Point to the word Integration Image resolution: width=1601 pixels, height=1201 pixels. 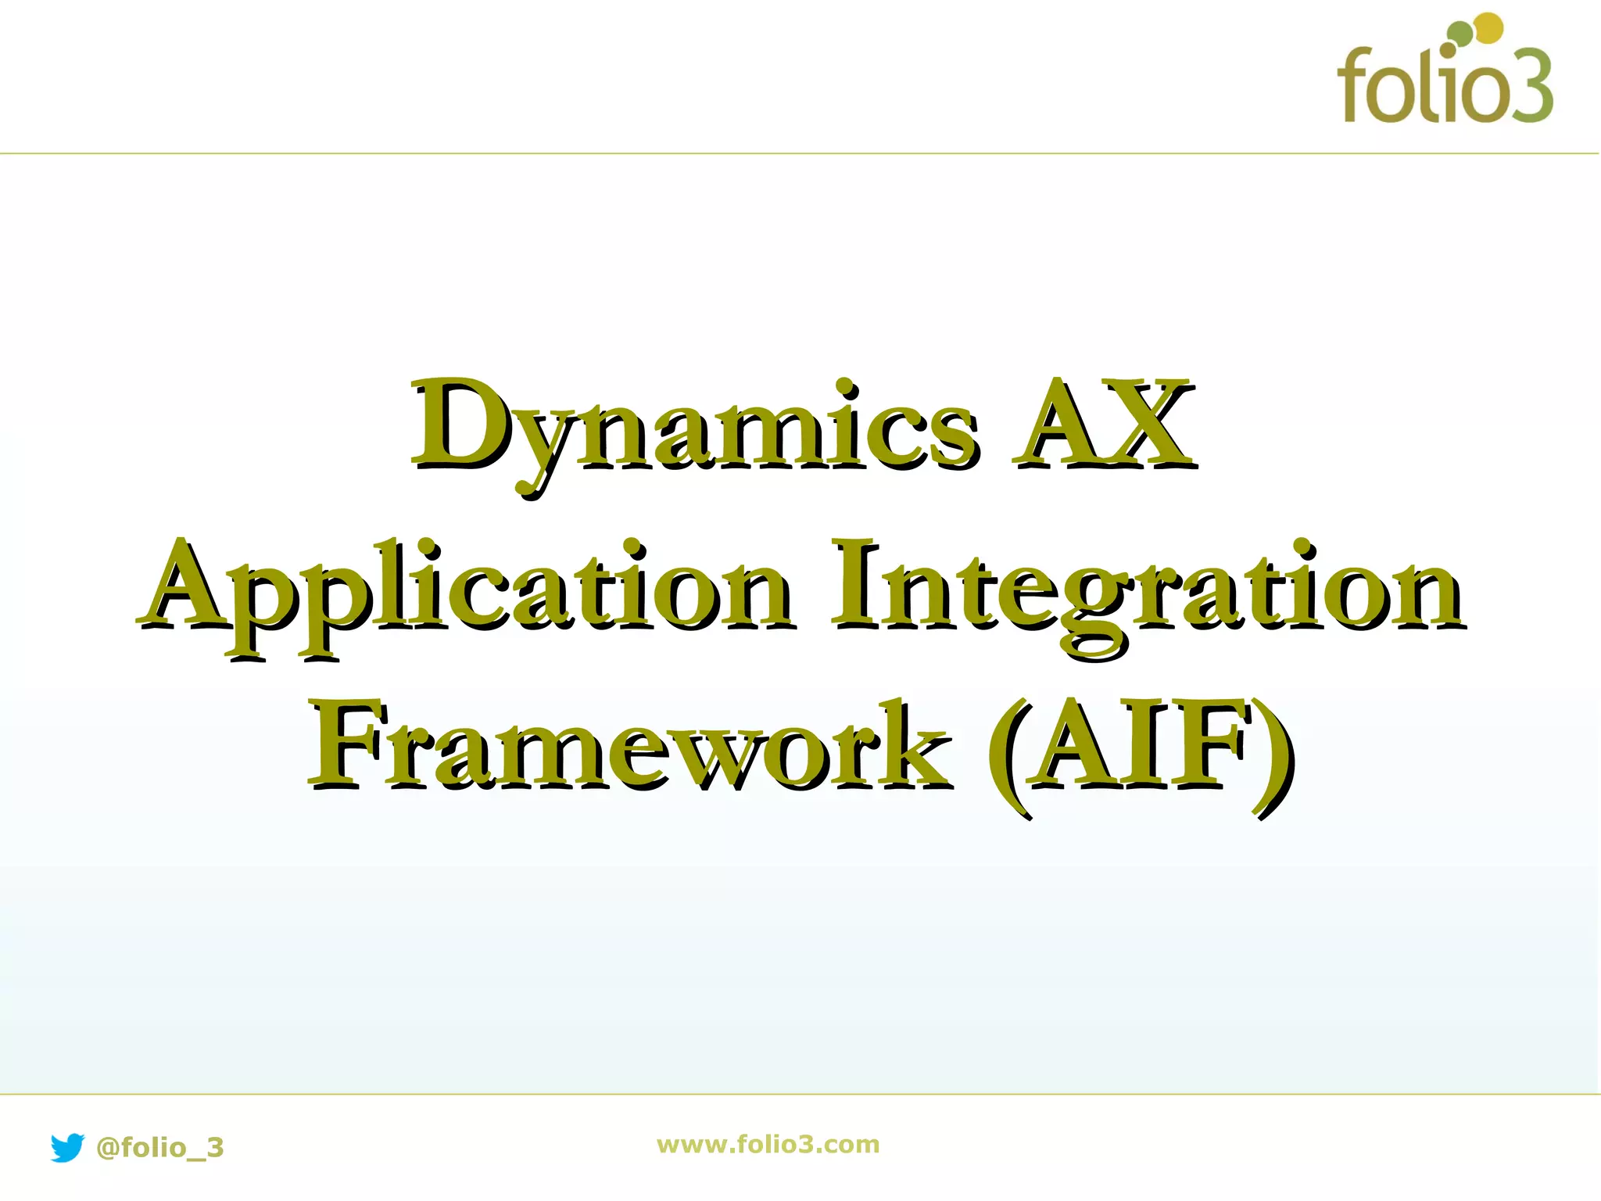(1147, 590)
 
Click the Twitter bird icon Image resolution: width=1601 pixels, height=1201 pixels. (67, 1147)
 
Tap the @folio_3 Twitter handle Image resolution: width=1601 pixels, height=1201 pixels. (159, 1148)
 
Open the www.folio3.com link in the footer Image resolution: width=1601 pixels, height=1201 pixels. (768, 1144)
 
